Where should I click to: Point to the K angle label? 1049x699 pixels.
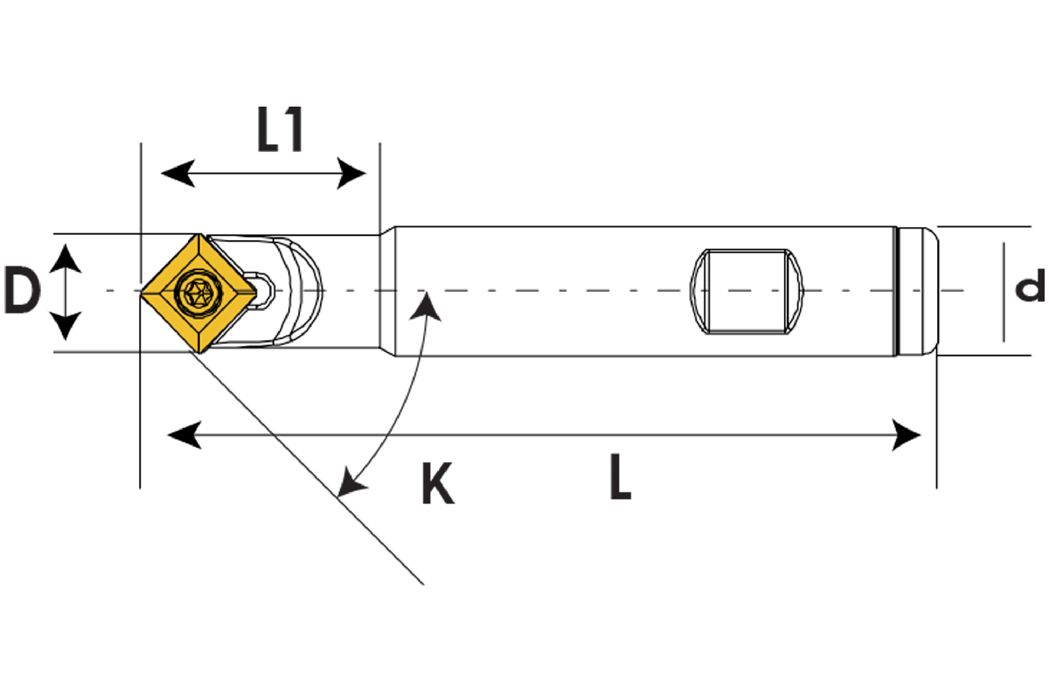[437, 485]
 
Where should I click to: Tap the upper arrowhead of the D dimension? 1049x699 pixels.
[66, 255]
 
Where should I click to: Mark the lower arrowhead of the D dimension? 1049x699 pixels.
[66, 330]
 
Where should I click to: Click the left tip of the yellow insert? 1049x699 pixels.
[142, 291]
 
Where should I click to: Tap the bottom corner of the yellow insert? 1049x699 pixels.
[198, 350]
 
